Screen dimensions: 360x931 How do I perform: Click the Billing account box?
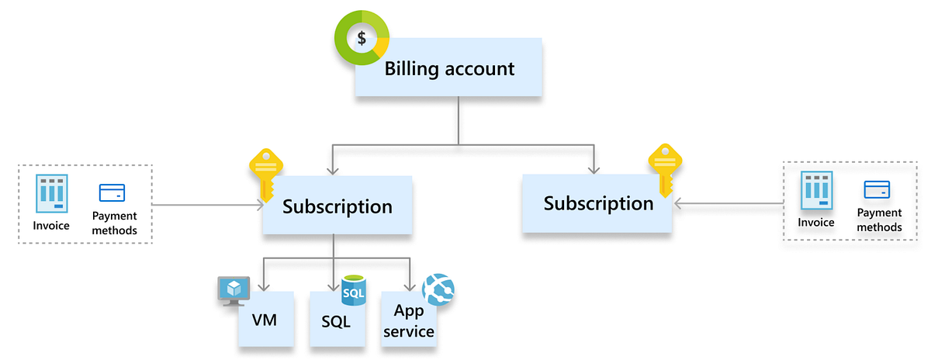[x=448, y=69]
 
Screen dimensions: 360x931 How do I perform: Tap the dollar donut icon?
[x=362, y=38]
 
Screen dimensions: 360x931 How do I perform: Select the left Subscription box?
[x=337, y=206]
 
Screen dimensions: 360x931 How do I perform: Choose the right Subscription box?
[x=597, y=203]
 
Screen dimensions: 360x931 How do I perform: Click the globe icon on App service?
[x=438, y=289]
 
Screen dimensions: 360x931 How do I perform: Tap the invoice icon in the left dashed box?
[x=51, y=194]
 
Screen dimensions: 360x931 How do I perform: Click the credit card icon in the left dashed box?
[x=112, y=193]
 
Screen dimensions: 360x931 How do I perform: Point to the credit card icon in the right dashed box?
[x=877, y=189]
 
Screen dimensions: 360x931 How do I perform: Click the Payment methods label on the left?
[x=114, y=223]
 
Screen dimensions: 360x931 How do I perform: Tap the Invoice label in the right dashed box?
[x=816, y=223]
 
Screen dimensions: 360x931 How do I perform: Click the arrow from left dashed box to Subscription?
[x=206, y=206]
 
